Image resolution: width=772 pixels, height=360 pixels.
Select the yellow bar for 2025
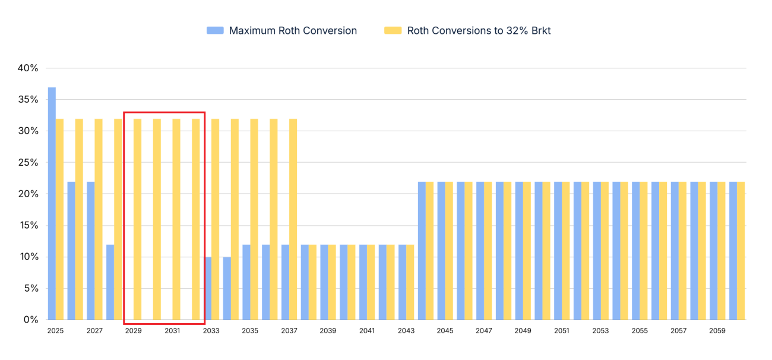pyautogui.click(x=59, y=219)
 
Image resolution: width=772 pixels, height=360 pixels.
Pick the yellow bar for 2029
pyautogui.click(x=137, y=219)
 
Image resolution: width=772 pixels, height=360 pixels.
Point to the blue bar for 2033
pyautogui.click(x=208, y=288)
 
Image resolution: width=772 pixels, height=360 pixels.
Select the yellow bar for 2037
pyautogui.click(x=293, y=219)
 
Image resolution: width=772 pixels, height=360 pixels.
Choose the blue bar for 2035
pyautogui.click(x=246, y=282)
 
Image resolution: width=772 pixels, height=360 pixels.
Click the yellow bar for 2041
pyautogui.click(x=371, y=282)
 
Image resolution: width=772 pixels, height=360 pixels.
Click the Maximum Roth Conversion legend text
pyautogui.click(x=293, y=31)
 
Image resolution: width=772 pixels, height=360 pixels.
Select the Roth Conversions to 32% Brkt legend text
pyautogui.click(x=479, y=31)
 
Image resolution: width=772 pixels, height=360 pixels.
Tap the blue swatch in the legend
pyautogui.click(x=215, y=31)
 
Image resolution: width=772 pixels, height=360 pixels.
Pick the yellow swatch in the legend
pyautogui.click(x=393, y=31)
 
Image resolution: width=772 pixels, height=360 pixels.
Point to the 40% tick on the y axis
pyautogui.click(x=28, y=68)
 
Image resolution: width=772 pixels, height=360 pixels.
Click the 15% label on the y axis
pyautogui.click(x=28, y=226)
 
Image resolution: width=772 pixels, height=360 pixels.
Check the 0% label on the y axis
pyautogui.click(x=30, y=320)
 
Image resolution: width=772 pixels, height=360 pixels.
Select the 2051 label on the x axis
pyautogui.click(x=562, y=331)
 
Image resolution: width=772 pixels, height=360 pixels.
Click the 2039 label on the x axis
pyautogui.click(x=328, y=331)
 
